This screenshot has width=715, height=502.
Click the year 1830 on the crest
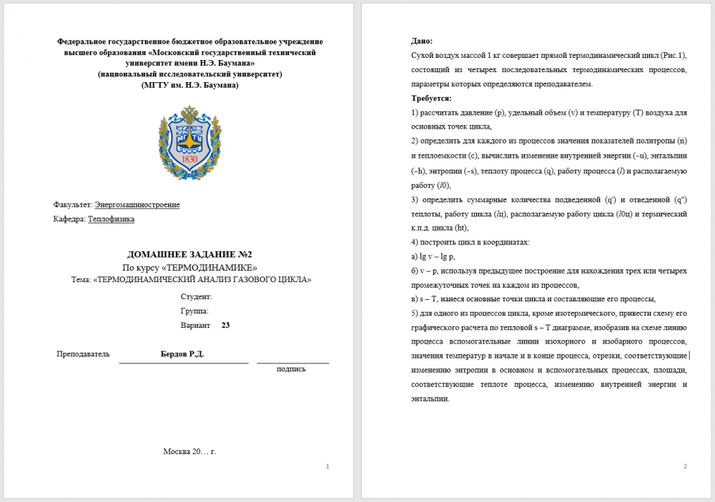tap(189, 159)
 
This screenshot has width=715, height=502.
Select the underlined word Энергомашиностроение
tap(137, 205)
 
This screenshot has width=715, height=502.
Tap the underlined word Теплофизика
tap(111, 219)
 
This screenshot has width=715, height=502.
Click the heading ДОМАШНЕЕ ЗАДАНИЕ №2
tap(189, 254)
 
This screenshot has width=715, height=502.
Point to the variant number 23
tap(226, 325)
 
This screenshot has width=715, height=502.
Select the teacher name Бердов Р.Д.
tap(182, 354)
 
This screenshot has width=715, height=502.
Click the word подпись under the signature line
tap(292, 369)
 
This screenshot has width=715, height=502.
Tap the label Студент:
tap(196, 296)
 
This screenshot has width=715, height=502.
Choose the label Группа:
tap(194, 311)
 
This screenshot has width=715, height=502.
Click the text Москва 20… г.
tap(189, 451)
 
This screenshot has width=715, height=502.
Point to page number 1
tap(327, 466)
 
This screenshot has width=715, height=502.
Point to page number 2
tap(685, 466)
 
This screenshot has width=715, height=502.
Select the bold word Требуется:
tap(431, 99)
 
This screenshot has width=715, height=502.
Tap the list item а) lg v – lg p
tap(433, 256)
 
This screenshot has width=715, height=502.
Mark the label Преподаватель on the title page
tap(83, 354)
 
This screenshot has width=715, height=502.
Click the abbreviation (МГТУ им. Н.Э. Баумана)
tap(190, 85)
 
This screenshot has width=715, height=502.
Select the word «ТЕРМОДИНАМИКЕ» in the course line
tap(215, 267)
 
